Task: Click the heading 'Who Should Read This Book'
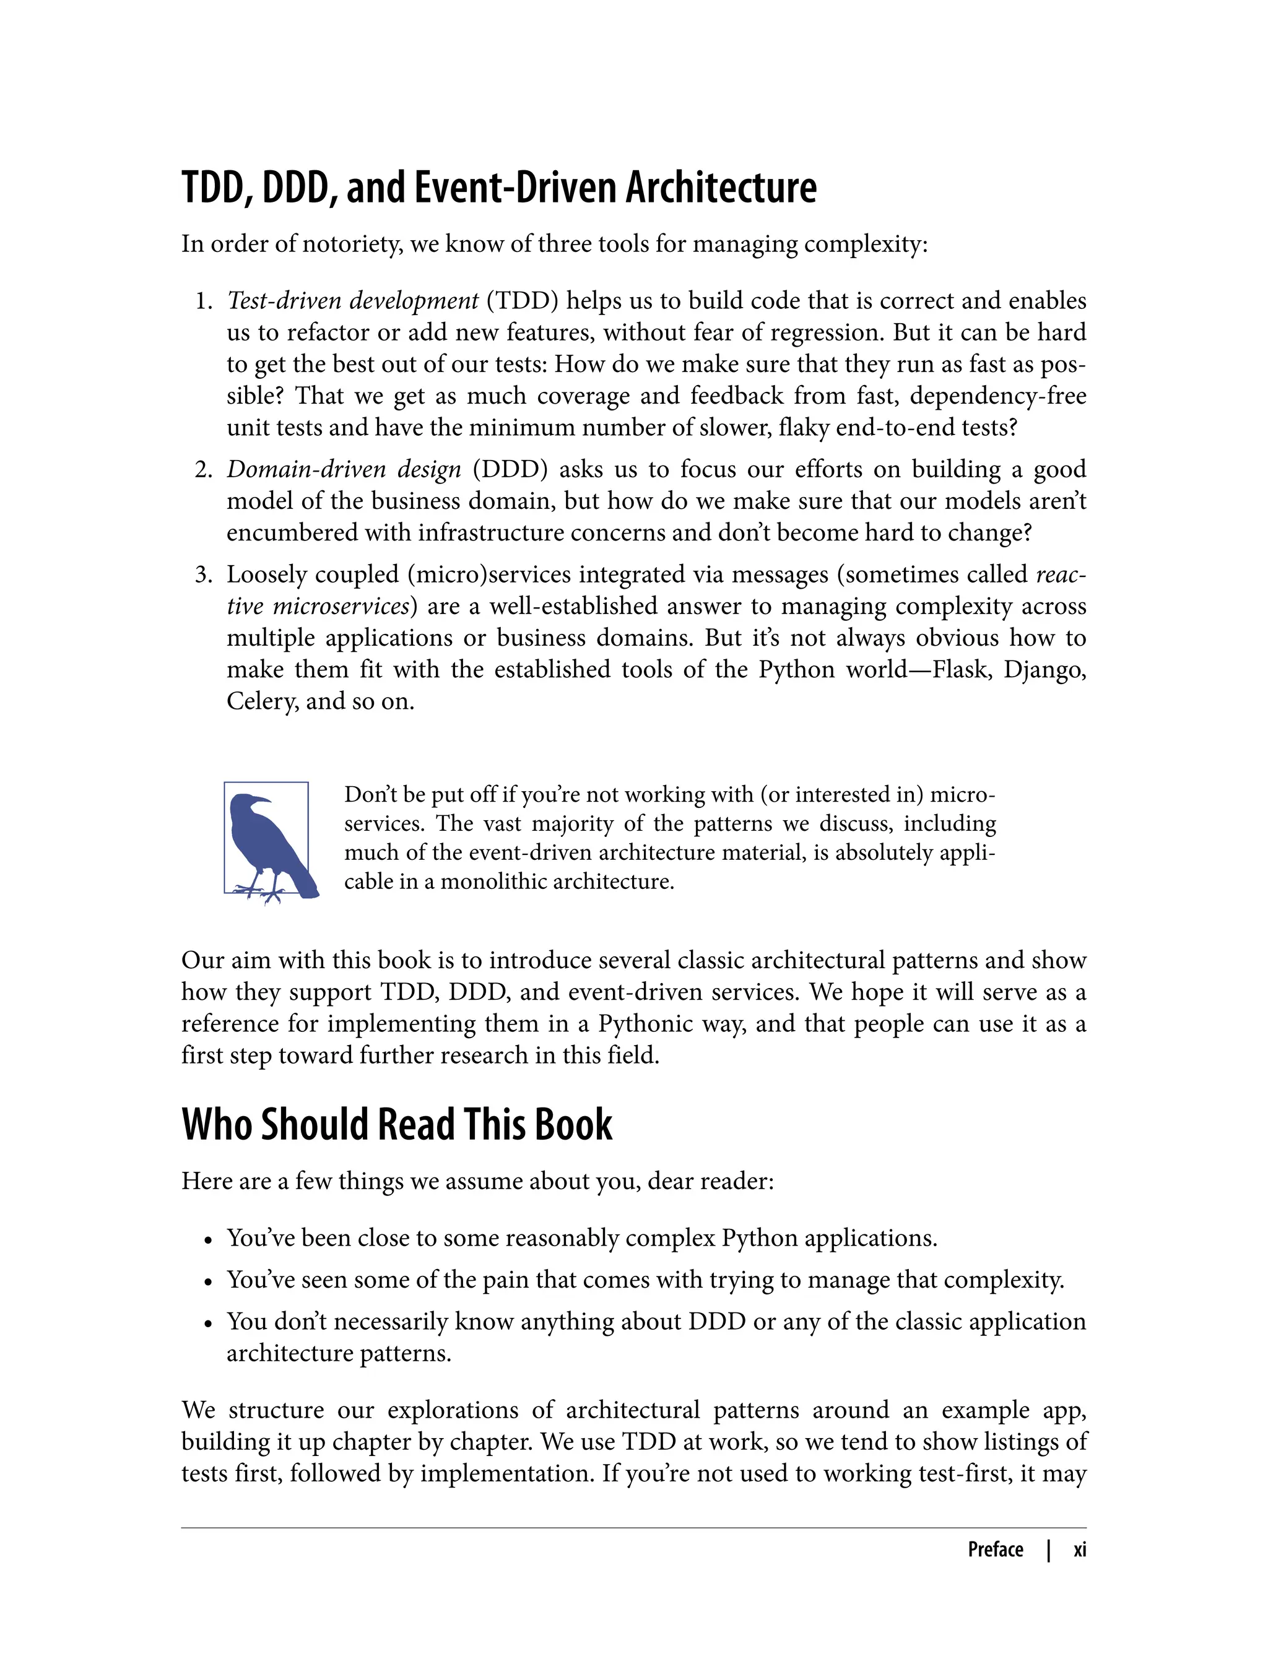click(396, 1125)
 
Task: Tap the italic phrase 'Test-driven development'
click(352, 301)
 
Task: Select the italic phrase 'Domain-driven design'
click(344, 469)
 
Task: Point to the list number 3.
click(203, 575)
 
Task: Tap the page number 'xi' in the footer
click(1079, 1550)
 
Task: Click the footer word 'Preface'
click(995, 1550)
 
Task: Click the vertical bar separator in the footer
click(1048, 1550)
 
